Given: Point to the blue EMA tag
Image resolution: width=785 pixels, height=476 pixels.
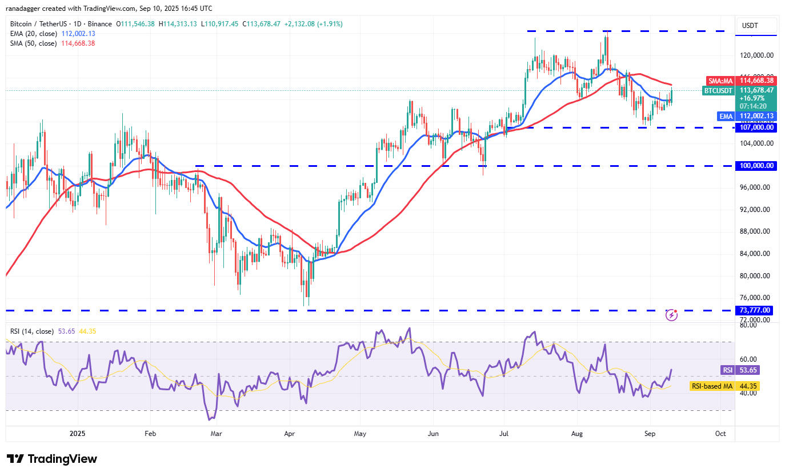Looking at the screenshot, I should (x=726, y=116).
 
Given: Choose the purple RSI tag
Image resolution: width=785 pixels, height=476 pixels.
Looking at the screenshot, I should (x=727, y=370).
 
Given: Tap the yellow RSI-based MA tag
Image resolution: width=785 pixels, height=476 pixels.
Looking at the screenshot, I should (x=712, y=386).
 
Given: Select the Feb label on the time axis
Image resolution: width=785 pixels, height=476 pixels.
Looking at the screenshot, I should (x=150, y=434).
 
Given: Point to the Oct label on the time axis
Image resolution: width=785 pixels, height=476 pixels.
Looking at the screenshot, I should (x=720, y=434).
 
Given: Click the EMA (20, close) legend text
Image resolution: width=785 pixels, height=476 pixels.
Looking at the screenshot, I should (x=33, y=34).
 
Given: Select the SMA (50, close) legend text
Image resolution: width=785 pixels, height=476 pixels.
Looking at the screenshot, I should (x=33, y=43).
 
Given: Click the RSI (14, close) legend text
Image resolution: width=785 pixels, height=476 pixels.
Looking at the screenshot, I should (x=32, y=331).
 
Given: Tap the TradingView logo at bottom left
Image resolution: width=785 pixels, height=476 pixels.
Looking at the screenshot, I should (x=52, y=459).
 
